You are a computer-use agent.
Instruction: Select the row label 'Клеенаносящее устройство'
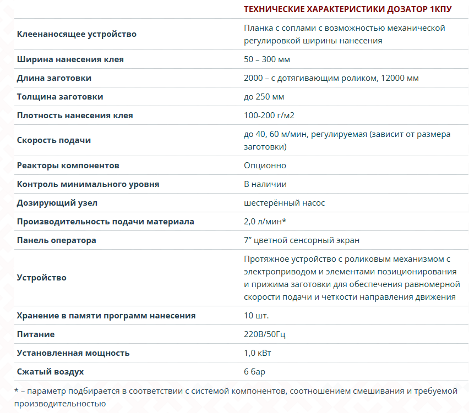pyautogui.click(x=77, y=34)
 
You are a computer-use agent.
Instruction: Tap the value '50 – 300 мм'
pyautogui.click(x=267, y=59)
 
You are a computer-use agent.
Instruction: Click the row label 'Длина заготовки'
pyautogui.click(x=54, y=78)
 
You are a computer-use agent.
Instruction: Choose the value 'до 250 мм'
pyautogui.click(x=264, y=97)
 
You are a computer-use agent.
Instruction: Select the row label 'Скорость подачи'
pyautogui.click(x=54, y=140)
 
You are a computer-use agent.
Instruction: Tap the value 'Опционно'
pyautogui.click(x=265, y=166)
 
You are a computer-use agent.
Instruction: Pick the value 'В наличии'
pyautogui.click(x=265, y=184)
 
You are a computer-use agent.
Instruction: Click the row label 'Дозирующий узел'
pyautogui.click(x=57, y=203)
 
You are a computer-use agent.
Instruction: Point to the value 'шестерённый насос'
pyautogui.click(x=284, y=203)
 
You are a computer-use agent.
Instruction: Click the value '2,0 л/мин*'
pyautogui.click(x=265, y=222)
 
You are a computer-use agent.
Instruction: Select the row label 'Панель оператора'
pyautogui.click(x=57, y=240)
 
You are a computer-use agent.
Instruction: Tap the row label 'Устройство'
pyautogui.click(x=42, y=278)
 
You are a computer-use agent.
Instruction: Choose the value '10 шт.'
pyautogui.click(x=256, y=316)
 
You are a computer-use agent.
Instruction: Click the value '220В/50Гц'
pyautogui.click(x=265, y=334)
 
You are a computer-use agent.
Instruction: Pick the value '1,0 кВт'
pyautogui.click(x=258, y=353)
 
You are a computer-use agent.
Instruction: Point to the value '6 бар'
pyautogui.click(x=254, y=372)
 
